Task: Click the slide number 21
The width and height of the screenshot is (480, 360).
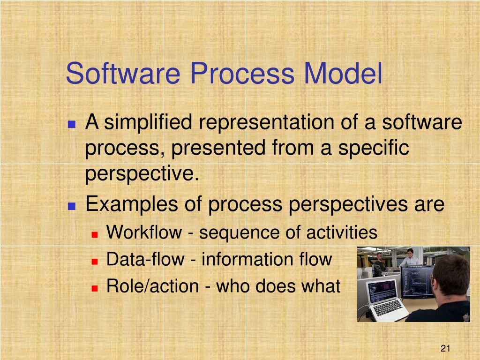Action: pos(445,348)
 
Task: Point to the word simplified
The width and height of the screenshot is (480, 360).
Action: pos(148,122)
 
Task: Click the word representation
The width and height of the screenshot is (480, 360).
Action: pos(266,122)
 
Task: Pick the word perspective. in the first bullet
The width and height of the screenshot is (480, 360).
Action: pos(142,174)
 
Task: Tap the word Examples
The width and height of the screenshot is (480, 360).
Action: pos(132,204)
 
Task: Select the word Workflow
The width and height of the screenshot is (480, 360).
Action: pos(144,232)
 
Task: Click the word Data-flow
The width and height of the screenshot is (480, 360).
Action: pos(145,259)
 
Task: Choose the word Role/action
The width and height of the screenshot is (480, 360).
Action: pos(153,286)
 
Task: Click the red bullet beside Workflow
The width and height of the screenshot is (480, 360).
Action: pos(95,235)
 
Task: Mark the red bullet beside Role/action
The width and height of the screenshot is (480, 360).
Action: pos(95,288)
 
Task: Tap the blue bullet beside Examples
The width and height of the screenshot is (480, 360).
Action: pos(72,206)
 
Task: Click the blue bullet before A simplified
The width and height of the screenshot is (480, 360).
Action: pos(72,124)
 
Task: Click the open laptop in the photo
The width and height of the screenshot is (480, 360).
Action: pos(386,300)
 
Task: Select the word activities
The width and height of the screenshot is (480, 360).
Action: pos(342,232)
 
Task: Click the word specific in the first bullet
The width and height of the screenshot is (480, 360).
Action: pos(374,148)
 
